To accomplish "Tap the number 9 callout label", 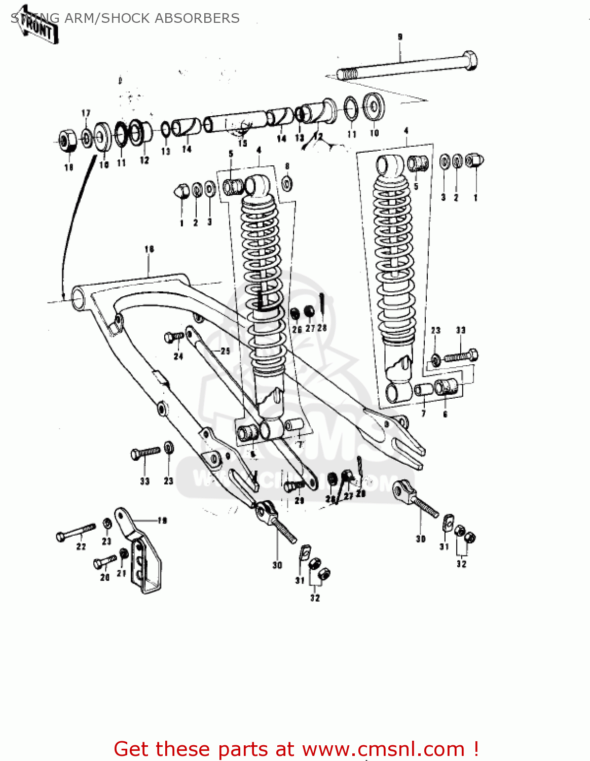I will point(400,37).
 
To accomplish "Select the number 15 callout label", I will point(242,144).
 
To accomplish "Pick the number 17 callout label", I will point(86,113).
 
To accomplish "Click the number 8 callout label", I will point(287,166).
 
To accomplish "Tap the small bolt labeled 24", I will point(174,337).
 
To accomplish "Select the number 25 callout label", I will point(225,351).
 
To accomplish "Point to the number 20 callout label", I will point(105,577).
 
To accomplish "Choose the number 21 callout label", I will point(122,573).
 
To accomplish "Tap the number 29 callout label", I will point(300,501).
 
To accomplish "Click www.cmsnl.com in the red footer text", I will point(383,749).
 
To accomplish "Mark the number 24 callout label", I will point(178,357).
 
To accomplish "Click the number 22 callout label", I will point(81,547).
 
